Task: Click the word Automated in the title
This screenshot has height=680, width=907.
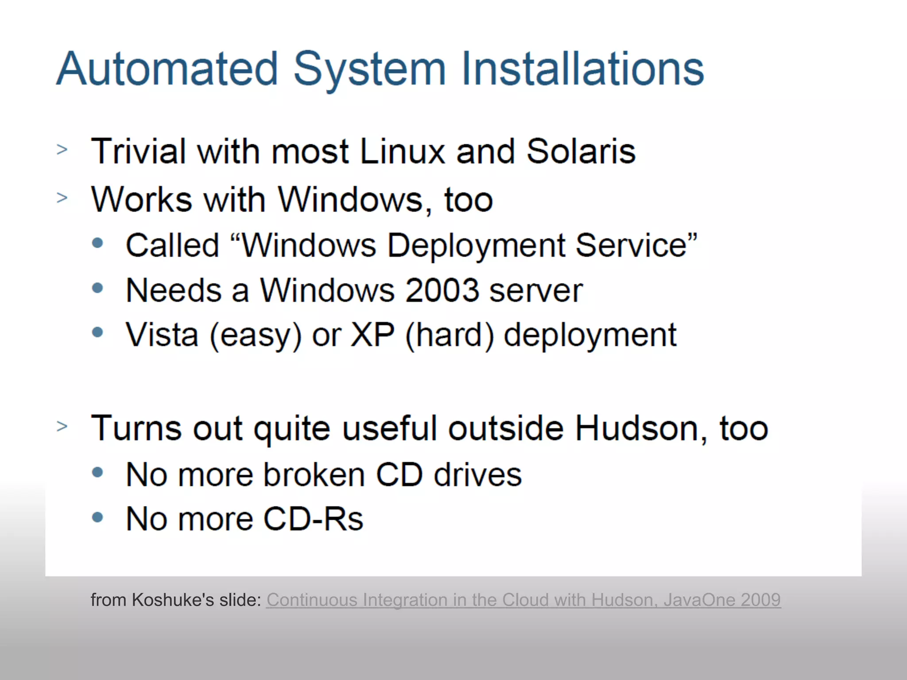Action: coord(167,69)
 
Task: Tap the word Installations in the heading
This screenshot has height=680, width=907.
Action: coord(582,69)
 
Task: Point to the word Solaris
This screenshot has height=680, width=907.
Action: coord(581,151)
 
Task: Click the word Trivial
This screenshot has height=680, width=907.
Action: coord(138,151)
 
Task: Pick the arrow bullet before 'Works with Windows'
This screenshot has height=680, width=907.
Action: coord(62,197)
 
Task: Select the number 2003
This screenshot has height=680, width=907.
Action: coord(442,290)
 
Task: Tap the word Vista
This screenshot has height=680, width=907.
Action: coord(162,335)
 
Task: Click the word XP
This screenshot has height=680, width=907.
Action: coord(372,335)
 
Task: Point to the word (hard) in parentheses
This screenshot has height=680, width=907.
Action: coord(450,336)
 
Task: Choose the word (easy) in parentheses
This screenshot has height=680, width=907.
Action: coord(256,336)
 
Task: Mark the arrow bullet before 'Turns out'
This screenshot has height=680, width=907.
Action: coord(62,426)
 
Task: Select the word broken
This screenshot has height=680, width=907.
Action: coord(314,475)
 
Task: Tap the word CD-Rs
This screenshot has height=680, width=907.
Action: coord(313,519)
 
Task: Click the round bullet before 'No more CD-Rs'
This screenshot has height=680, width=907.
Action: coord(97,517)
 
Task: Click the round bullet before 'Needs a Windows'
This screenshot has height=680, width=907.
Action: coord(97,288)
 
